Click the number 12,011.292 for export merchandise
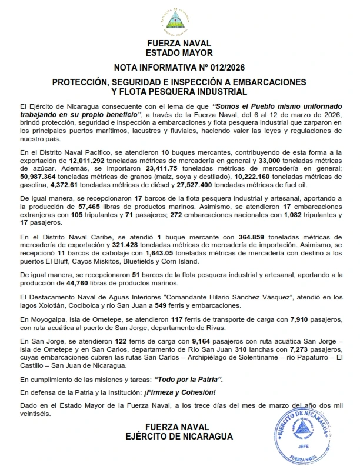[86, 159]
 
